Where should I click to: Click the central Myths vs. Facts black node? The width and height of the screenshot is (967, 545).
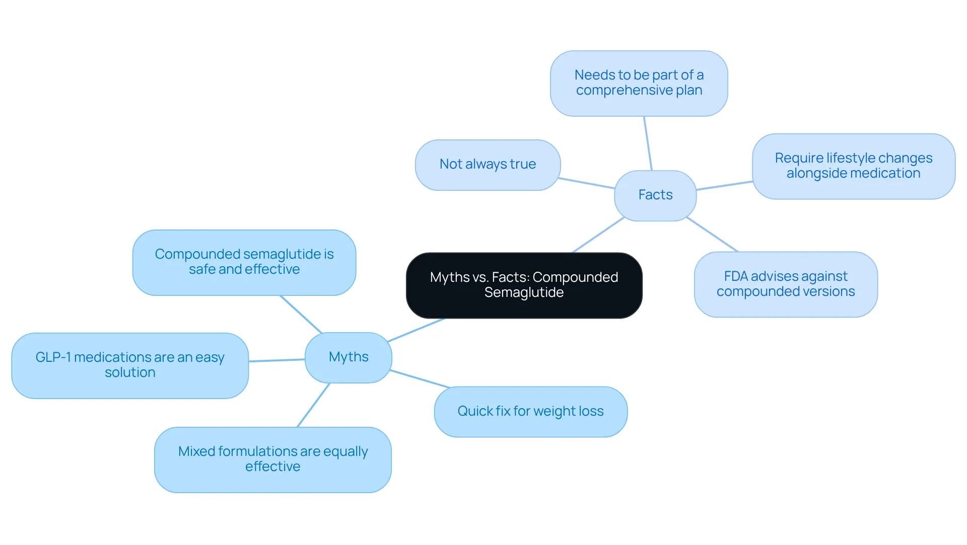(524, 285)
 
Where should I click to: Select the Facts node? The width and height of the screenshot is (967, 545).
(655, 195)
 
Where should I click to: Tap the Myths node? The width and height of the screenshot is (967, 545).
(349, 357)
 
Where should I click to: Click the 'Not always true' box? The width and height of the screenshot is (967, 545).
(488, 165)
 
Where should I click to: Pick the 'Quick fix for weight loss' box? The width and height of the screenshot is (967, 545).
(531, 412)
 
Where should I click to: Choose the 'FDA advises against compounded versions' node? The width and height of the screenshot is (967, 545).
(786, 284)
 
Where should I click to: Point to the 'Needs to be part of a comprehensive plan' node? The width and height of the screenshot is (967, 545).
(639, 83)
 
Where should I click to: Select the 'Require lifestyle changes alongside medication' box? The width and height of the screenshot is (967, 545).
(854, 166)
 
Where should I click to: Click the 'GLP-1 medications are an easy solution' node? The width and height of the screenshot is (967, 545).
(130, 365)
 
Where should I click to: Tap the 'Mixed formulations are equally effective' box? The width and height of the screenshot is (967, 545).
(273, 459)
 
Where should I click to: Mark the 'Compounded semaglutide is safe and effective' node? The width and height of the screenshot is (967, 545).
(244, 262)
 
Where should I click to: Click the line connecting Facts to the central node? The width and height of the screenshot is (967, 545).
(598, 235)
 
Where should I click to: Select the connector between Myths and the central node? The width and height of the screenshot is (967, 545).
(416, 330)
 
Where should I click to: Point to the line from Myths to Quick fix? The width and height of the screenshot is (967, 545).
(420, 379)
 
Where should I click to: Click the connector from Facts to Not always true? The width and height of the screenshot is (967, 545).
(587, 183)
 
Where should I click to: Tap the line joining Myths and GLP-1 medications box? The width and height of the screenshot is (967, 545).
(277, 360)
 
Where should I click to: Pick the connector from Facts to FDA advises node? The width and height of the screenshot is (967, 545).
(712, 235)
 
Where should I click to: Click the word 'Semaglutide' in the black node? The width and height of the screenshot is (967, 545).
(524, 293)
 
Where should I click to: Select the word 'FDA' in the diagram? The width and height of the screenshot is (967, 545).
(736, 276)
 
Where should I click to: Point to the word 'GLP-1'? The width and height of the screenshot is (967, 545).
(53, 357)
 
